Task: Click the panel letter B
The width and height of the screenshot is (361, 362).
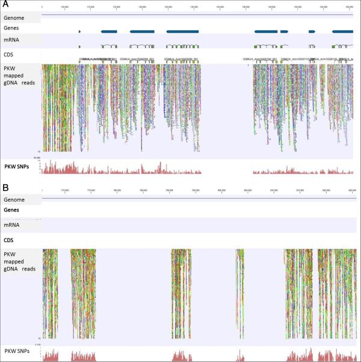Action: pyautogui.click(x=5, y=188)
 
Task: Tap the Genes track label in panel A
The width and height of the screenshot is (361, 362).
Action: pyautogui.click(x=13, y=28)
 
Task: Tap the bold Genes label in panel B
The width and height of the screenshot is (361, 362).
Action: pyautogui.click(x=13, y=210)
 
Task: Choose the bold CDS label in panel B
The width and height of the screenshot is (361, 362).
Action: pyautogui.click(x=10, y=240)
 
